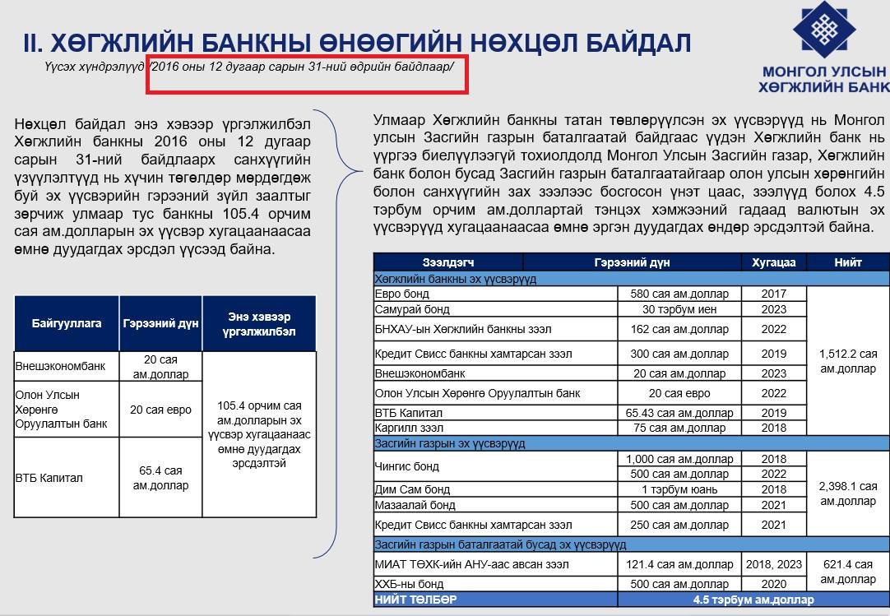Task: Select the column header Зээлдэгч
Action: coord(448,262)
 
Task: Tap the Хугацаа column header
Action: coord(773,262)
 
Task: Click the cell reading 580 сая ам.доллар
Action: coord(679,294)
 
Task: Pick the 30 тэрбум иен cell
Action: coord(679,309)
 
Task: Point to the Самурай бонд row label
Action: coord(412,309)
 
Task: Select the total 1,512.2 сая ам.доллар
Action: coord(848,361)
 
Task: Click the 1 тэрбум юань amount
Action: coord(679,489)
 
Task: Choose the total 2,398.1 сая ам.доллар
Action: coord(848,493)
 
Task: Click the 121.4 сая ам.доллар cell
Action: coord(679,564)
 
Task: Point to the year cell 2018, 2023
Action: coord(773,564)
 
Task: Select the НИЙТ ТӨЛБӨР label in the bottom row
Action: coord(415,600)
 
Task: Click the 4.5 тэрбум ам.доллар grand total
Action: coord(753,600)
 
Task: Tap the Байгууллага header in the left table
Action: coord(67,323)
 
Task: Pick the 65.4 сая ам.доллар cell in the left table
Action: coord(160,478)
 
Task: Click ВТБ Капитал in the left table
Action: coord(49,478)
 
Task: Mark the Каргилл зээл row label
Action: coord(409,428)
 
